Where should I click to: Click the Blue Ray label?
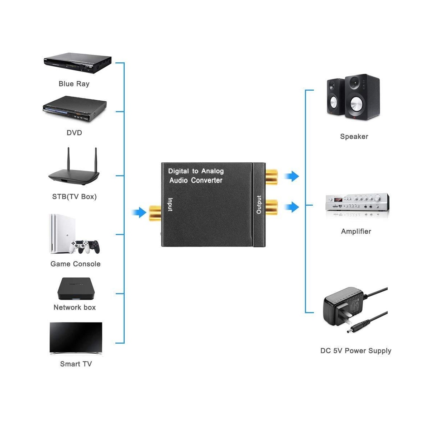[x=74, y=84]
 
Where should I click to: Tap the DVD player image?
[x=75, y=109]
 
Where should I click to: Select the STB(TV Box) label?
[x=74, y=197]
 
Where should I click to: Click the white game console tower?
[x=62, y=234]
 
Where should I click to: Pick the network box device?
[x=76, y=288]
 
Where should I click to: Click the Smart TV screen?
[x=76, y=338]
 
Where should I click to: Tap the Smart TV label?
[x=76, y=364]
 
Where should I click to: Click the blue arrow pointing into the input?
[x=139, y=212]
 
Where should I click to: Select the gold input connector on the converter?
[x=155, y=213]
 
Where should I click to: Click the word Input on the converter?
[x=170, y=204]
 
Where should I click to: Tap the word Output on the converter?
[x=259, y=205]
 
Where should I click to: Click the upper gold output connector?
[x=272, y=177]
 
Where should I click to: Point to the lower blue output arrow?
[x=292, y=207]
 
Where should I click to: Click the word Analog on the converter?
[x=212, y=171]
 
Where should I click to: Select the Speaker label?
[x=354, y=136]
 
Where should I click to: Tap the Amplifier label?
[x=356, y=231]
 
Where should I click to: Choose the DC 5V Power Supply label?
[x=356, y=350]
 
